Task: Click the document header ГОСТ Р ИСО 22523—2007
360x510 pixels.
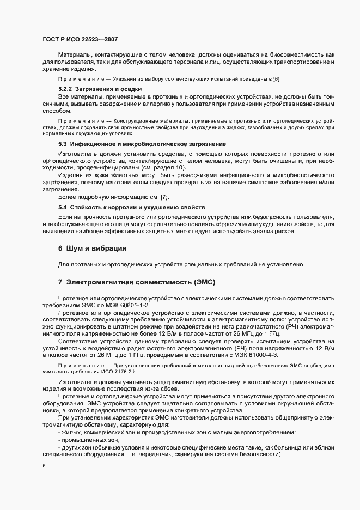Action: click(x=80, y=40)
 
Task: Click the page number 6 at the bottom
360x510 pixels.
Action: click(x=44, y=466)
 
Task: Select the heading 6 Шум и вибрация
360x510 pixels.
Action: click(x=92, y=248)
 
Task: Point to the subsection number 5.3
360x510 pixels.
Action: click(x=63, y=144)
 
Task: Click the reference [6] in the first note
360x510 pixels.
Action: click(x=276, y=80)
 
